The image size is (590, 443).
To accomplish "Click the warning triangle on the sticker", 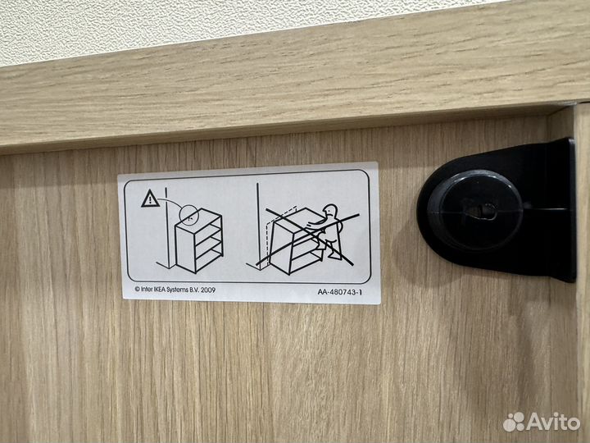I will click(x=150, y=198).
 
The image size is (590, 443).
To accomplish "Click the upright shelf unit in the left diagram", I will click(x=199, y=242).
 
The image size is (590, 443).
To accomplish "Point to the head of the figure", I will click(x=329, y=213).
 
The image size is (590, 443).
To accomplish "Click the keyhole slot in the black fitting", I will click(x=481, y=211).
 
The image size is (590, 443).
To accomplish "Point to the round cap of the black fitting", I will click(x=481, y=206).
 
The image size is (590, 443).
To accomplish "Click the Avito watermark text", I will click(x=553, y=421).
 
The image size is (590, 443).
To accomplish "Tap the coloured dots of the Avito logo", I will click(x=514, y=422).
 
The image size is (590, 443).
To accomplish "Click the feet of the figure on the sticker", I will click(x=336, y=256).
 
